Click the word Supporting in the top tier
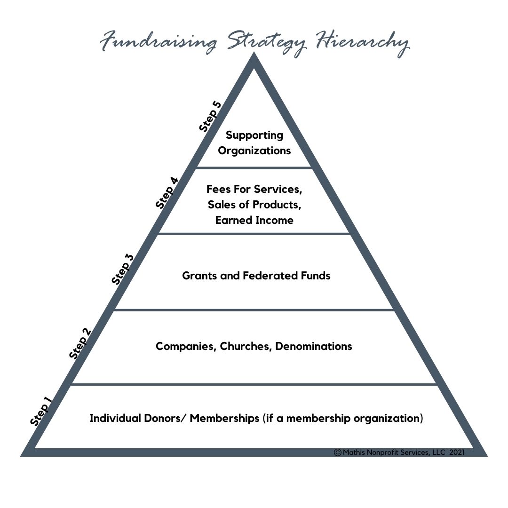254,135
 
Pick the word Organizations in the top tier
254,151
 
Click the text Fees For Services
254,190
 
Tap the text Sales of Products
254,205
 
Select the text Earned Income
254,220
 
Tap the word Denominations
314,347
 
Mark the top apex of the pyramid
254,56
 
